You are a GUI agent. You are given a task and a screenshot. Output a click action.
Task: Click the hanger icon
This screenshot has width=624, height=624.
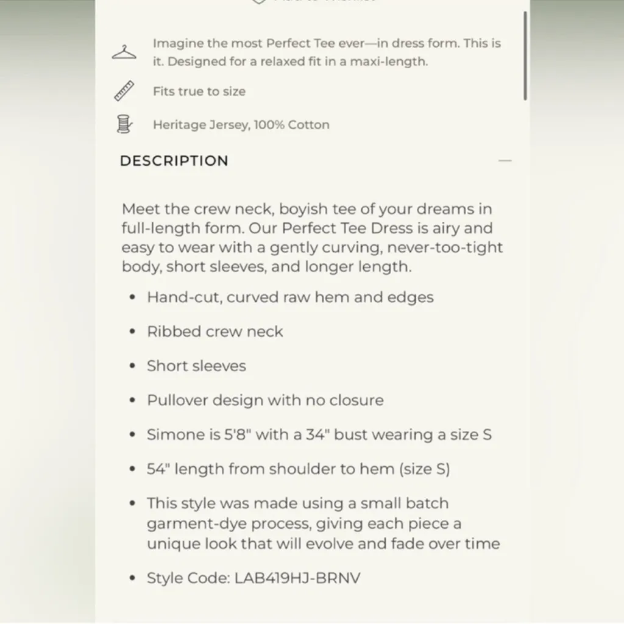click(x=124, y=52)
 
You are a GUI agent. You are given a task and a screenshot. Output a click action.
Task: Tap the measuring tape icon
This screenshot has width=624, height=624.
click(x=124, y=91)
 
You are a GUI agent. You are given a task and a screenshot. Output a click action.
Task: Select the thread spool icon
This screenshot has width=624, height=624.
click(x=124, y=124)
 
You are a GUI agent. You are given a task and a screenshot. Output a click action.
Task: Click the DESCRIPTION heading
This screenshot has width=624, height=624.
click(x=174, y=161)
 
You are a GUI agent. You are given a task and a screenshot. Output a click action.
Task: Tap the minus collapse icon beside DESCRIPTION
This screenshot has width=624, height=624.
click(x=505, y=161)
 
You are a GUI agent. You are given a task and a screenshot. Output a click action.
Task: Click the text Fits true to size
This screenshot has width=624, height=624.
click(x=199, y=91)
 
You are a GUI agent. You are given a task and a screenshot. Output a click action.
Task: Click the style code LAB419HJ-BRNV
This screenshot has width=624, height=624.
click(x=297, y=578)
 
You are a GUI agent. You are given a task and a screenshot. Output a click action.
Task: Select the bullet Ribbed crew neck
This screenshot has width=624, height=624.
click(x=215, y=331)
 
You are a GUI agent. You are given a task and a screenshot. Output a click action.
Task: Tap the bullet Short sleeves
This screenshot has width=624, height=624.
click(x=196, y=366)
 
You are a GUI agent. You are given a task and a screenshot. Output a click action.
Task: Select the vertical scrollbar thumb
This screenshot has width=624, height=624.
click(x=525, y=55)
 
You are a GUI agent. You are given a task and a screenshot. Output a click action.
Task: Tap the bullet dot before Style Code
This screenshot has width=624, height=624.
click(x=132, y=578)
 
